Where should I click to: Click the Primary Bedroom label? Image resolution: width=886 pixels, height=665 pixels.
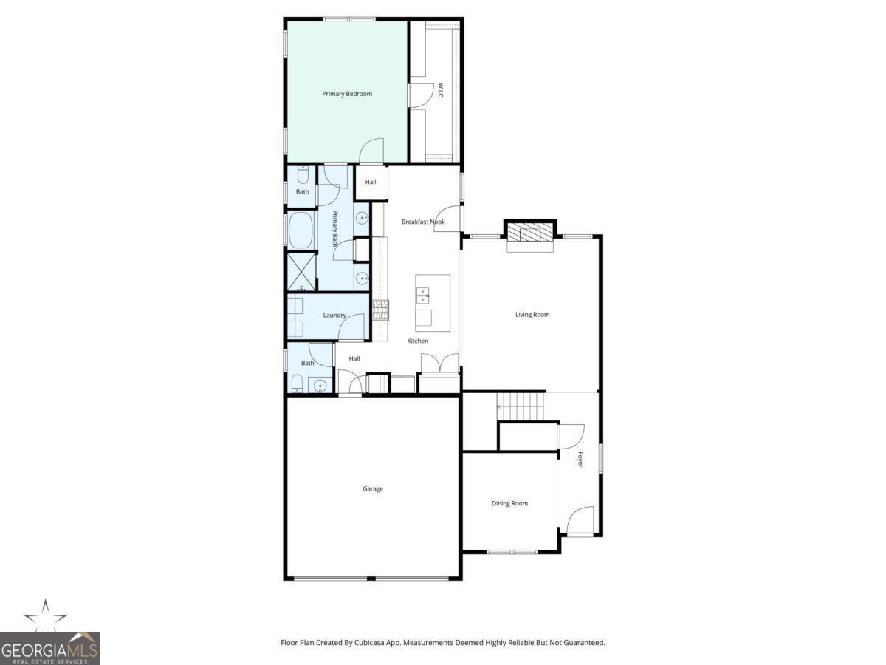(346, 94)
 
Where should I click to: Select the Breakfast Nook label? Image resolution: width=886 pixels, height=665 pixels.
(423, 222)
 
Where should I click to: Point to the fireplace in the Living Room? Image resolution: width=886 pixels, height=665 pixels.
(530, 236)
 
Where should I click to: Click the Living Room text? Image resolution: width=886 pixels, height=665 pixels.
(532, 315)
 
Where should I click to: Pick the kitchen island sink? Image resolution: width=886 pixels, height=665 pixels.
(422, 296)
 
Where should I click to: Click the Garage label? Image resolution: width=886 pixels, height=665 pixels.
(373, 488)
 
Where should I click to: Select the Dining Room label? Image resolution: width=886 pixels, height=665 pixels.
(509, 503)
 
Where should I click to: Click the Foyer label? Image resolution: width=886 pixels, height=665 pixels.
(580, 459)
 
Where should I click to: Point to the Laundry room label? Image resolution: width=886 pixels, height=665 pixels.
(334, 316)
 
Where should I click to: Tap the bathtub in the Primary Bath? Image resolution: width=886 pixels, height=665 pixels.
(301, 231)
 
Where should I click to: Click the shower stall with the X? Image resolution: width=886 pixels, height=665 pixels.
(301, 271)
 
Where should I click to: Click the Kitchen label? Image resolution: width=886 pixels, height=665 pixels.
(418, 341)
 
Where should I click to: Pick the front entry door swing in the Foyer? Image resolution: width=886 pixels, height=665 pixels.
(580, 519)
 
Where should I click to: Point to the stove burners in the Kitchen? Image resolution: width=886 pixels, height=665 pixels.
(380, 310)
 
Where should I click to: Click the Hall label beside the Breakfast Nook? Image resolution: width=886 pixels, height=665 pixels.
(371, 182)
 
